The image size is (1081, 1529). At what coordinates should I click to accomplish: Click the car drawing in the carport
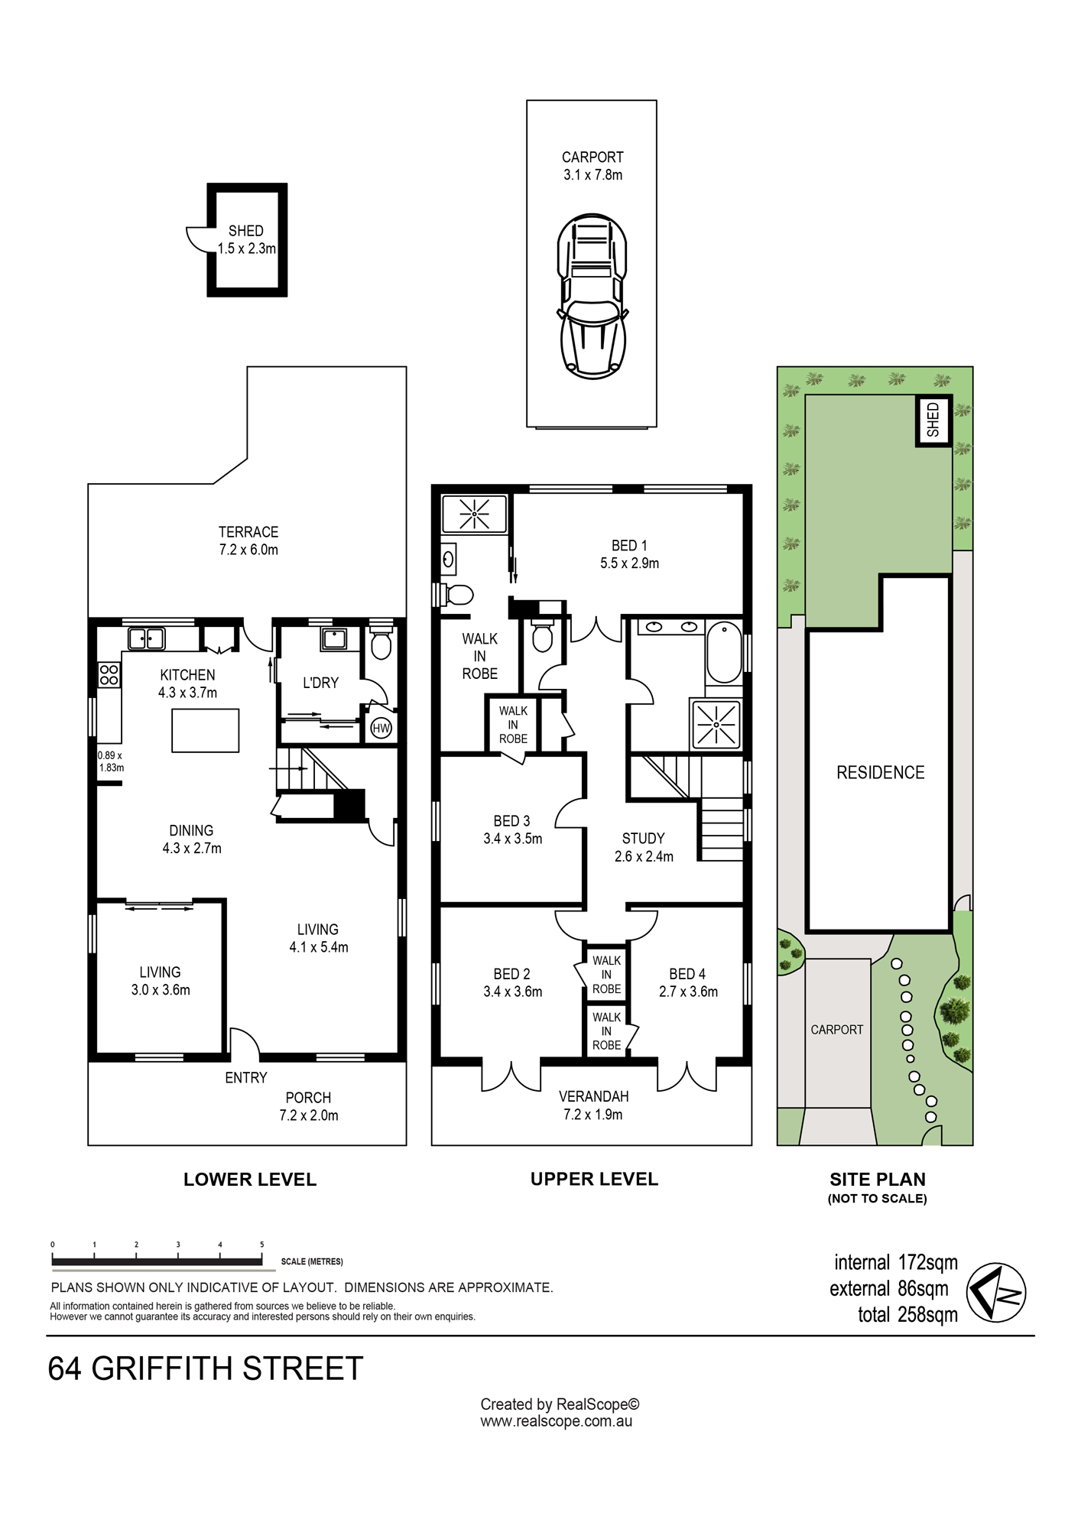(592, 296)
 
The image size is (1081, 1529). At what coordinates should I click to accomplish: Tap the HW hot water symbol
(381, 728)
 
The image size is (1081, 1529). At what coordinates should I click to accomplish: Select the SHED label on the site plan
(933, 420)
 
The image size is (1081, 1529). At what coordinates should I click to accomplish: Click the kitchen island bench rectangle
(205, 730)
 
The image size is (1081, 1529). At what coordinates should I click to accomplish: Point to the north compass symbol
(996, 1292)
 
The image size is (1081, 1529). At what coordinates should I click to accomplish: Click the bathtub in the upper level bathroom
(724, 652)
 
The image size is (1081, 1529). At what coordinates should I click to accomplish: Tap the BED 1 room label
(629, 546)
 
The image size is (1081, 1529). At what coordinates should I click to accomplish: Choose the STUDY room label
(643, 839)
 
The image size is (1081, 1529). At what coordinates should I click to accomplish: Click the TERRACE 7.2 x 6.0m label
(248, 541)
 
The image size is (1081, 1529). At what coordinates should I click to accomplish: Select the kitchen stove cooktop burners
(109, 674)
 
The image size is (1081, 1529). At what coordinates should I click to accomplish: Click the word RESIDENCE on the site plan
(880, 773)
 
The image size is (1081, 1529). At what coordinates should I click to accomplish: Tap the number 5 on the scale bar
(261, 1245)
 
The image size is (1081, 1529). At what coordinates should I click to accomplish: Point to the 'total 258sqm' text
(907, 1315)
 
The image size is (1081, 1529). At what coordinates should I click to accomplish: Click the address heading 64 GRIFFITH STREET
(205, 1369)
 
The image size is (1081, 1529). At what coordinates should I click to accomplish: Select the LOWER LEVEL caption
(250, 1180)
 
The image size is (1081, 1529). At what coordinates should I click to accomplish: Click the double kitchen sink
(146, 638)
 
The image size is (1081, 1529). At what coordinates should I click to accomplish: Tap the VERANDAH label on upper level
(593, 1096)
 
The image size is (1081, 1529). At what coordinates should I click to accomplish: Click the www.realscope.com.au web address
(557, 1422)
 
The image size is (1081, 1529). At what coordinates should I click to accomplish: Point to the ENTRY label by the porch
(246, 1078)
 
